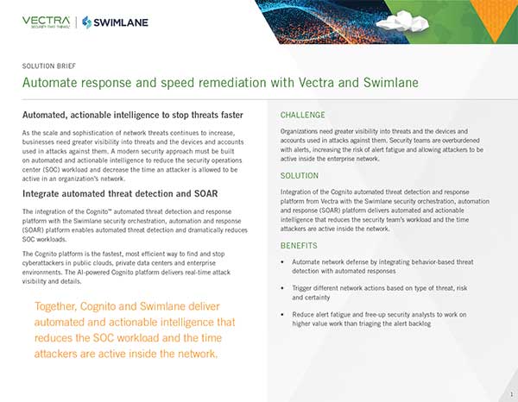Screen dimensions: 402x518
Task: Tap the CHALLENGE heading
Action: (303, 115)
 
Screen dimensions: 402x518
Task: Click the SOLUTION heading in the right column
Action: (300, 176)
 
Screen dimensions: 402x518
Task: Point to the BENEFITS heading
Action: (300, 245)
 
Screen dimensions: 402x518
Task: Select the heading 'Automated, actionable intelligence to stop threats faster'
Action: (132, 115)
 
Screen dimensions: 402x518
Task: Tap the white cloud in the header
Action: (391, 20)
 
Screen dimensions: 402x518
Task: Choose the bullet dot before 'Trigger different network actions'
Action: (285, 286)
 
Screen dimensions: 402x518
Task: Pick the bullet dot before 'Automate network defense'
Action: (285, 260)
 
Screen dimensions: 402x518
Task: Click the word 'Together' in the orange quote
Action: (62, 307)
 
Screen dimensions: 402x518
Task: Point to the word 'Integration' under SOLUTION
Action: (300, 193)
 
